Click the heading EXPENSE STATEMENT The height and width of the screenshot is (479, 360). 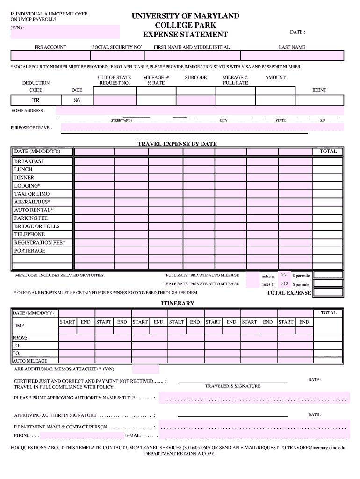pyautogui.click(x=185, y=35)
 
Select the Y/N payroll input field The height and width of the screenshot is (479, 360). pyautogui.click(x=65, y=32)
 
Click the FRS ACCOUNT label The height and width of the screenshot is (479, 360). pyautogui.click(x=50, y=47)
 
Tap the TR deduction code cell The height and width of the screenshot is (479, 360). pyautogui.click(x=36, y=100)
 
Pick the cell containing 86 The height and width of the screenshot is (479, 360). pyautogui.click(x=77, y=100)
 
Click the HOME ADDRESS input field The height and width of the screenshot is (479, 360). pyautogui.click(x=200, y=111)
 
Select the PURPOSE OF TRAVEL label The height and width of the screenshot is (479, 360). pyautogui.click(x=31, y=128)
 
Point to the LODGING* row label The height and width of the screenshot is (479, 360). pyautogui.click(x=28, y=186)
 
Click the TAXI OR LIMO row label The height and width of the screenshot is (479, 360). pyautogui.click(x=32, y=194)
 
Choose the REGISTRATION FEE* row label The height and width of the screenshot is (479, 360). pyautogui.click(x=40, y=242)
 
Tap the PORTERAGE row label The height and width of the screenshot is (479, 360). pyautogui.click(x=30, y=251)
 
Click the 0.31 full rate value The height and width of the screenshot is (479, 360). pyautogui.click(x=284, y=275)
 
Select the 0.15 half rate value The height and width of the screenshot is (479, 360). pyautogui.click(x=284, y=283)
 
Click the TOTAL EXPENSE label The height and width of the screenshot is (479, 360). pyautogui.click(x=288, y=293)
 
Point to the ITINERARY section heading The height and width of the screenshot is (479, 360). pyautogui.click(x=177, y=304)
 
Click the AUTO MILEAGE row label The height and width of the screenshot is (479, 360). pyautogui.click(x=30, y=361)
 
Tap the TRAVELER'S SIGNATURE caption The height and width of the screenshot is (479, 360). pyautogui.click(x=233, y=386)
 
